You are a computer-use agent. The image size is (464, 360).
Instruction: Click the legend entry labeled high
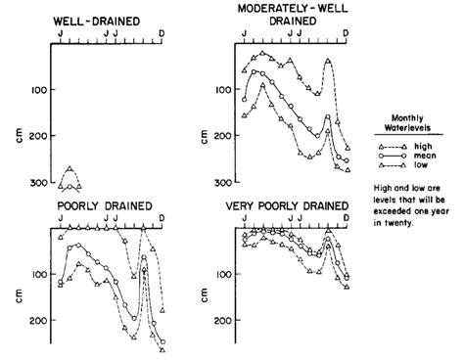(420, 146)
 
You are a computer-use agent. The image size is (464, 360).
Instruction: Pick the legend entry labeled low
(418, 164)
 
